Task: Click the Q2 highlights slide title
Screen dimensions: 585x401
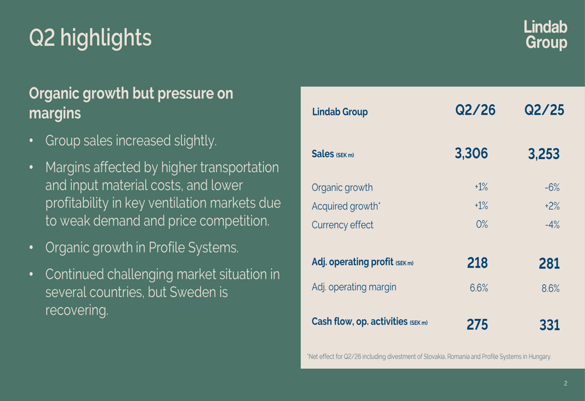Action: point(90,38)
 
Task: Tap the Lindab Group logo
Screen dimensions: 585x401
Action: point(545,35)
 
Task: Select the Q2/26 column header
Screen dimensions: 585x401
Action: point(475,110)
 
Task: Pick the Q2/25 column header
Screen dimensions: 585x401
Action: point(544,110)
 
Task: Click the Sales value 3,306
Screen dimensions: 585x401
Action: point(471,153)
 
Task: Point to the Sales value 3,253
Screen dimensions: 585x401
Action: point(543,154)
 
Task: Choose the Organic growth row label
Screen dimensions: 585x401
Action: point(342,187)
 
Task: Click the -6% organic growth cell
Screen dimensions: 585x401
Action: point(552,187)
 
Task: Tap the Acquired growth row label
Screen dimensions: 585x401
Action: point(346,206)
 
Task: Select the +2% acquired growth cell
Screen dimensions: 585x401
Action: point(552,206)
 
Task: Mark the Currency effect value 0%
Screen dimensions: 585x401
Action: point(481,224)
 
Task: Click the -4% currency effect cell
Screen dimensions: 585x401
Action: point(552,225)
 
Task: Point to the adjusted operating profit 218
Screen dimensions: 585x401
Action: point(477,263)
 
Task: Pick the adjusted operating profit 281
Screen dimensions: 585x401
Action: point(549,263)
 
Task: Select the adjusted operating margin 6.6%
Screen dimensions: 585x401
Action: point(479,288)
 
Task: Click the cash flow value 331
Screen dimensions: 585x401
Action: point(549,325)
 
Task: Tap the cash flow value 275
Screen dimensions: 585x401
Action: point(477,324)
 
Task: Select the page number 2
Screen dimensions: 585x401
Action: point(566,383)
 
